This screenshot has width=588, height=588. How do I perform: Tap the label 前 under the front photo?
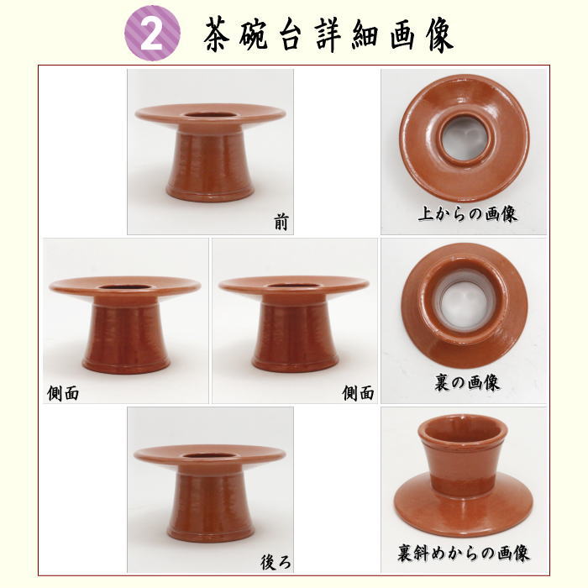click(281, 222)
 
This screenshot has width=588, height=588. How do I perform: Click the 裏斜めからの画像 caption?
click(464, 554)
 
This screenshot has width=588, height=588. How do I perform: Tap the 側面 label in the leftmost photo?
click(64, 392)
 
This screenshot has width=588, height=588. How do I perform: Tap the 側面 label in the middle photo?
click(358, 392)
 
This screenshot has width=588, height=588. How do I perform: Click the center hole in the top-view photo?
click(464, 138)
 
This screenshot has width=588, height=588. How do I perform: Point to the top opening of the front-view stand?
click(210, 113)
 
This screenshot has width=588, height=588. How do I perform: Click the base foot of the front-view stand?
click(210, 195)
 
